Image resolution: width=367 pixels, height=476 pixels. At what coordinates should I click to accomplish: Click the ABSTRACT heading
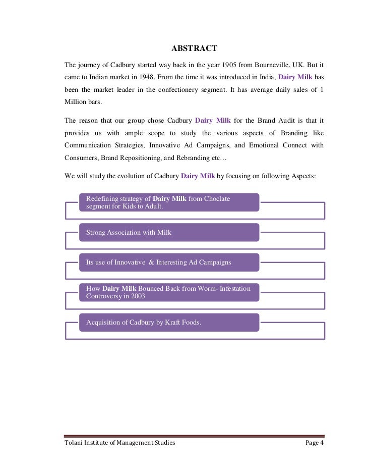tap(194, 49)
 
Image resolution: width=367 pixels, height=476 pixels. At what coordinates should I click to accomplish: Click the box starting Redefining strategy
tap(169, 202)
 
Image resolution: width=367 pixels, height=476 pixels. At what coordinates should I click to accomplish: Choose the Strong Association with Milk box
tap(169, 232)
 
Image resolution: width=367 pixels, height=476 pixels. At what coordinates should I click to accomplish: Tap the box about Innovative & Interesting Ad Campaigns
tap(169, 262)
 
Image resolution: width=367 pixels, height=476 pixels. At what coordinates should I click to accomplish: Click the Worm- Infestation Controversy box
tap(169, 292)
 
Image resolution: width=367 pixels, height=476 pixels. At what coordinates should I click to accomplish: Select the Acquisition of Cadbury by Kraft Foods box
tap(169, 322)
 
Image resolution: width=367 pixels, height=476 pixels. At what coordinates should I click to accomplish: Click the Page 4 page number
tap(315, 443)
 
